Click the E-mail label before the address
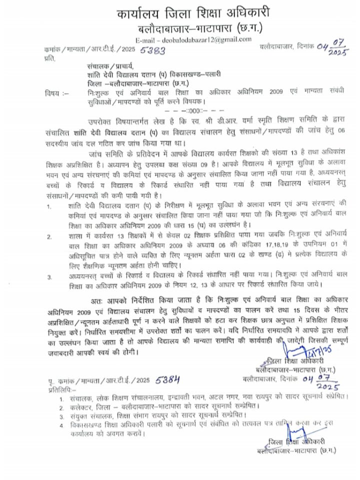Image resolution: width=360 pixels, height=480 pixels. tap(145, 39)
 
